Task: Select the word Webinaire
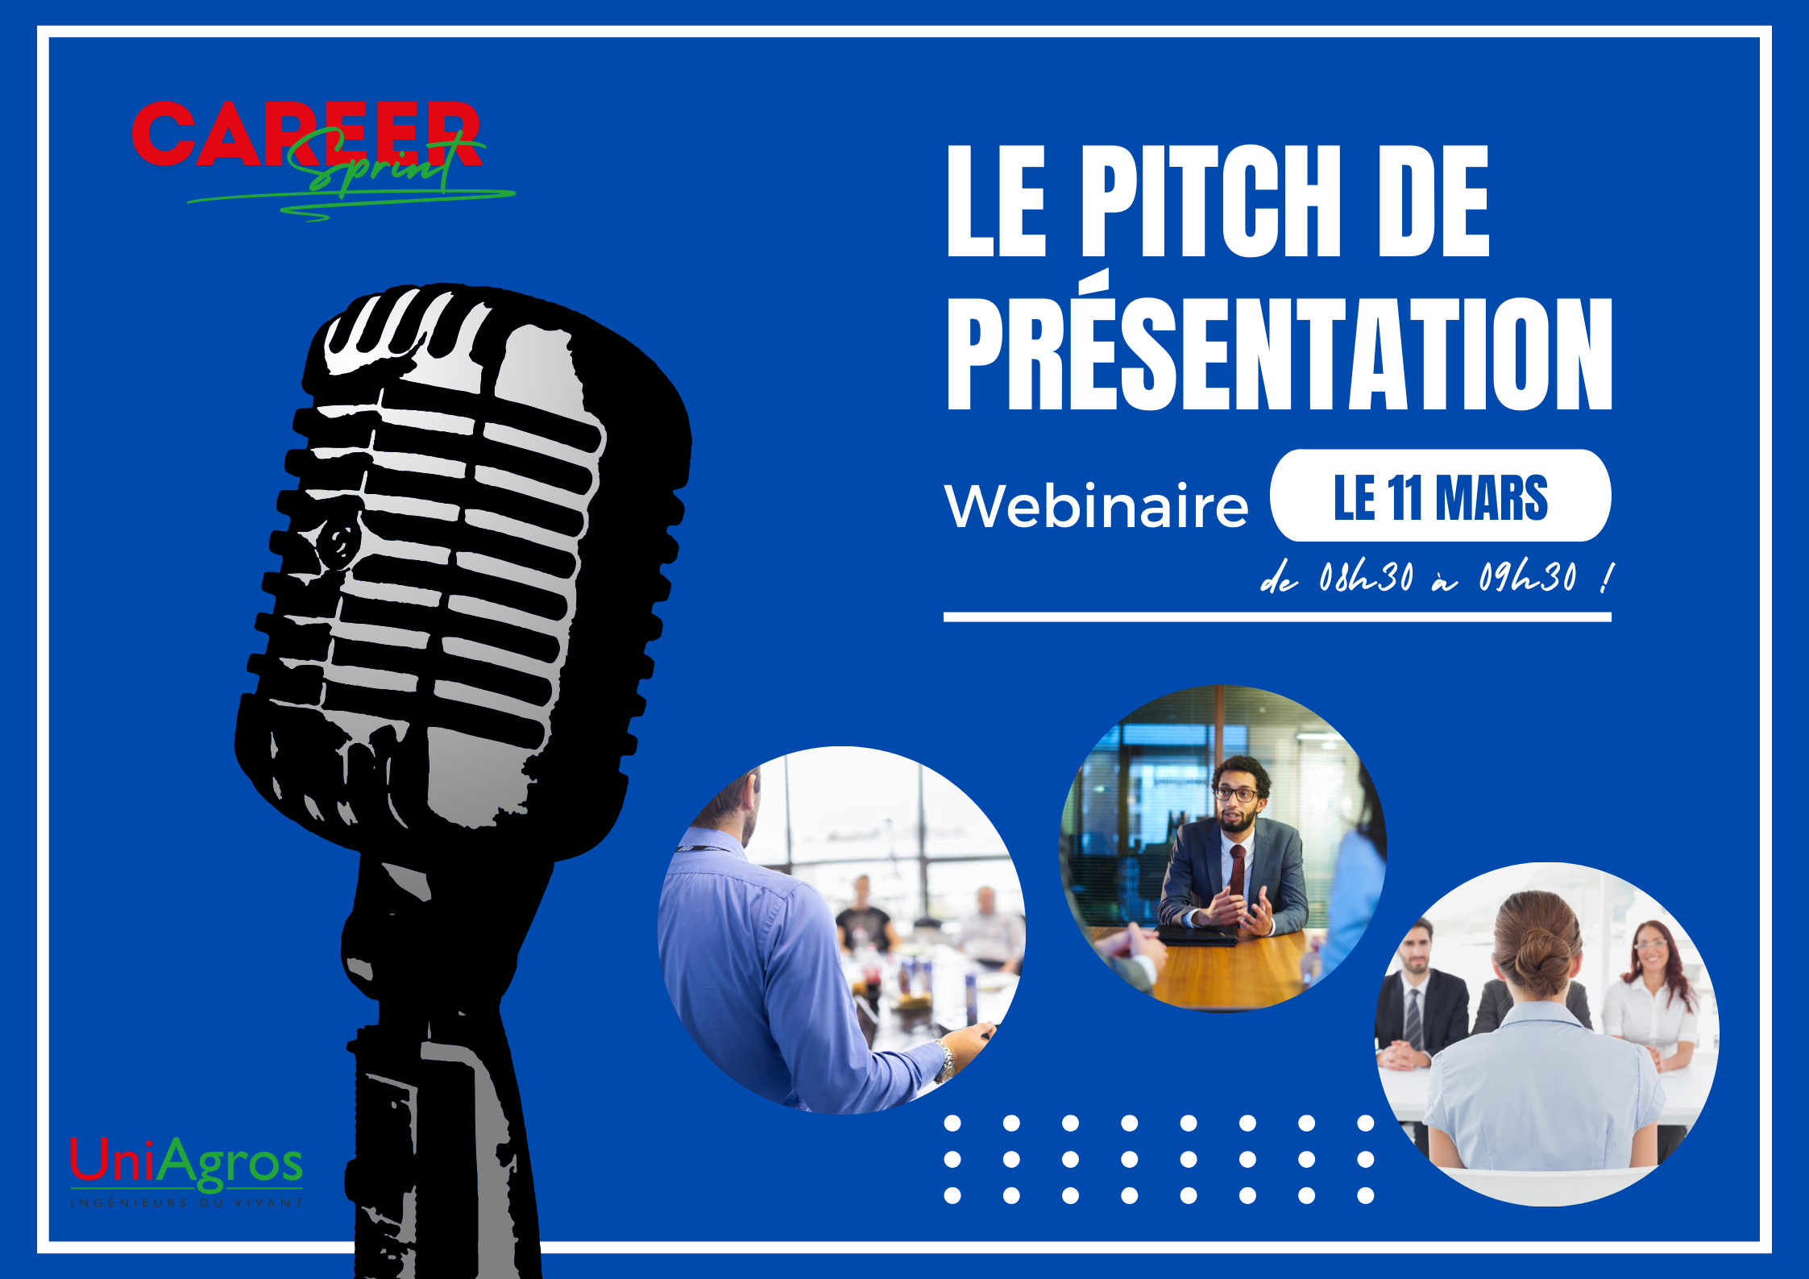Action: point(1097,506)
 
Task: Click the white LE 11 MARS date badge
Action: point(1441,496)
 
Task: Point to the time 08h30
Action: point(1366,577)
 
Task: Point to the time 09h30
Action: point(1527,577)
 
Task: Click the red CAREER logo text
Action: point(306,135)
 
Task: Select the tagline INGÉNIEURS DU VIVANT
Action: point(187,1203)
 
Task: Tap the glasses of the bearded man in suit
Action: point(1235,795)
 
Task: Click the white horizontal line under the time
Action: point(1277,617)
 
